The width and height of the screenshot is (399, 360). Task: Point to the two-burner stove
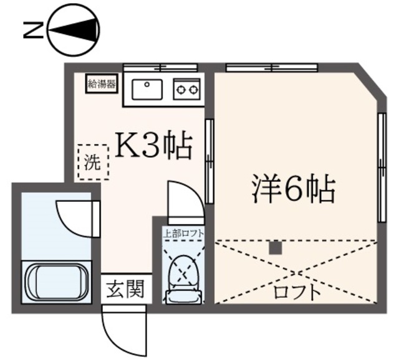tap(186, 89)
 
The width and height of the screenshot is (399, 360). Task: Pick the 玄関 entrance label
tap(125, 289)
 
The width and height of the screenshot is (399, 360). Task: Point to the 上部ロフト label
tap(184, 234)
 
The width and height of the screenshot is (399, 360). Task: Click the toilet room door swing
tap(183, 199)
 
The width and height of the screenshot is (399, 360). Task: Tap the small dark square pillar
tap(276, 247)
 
